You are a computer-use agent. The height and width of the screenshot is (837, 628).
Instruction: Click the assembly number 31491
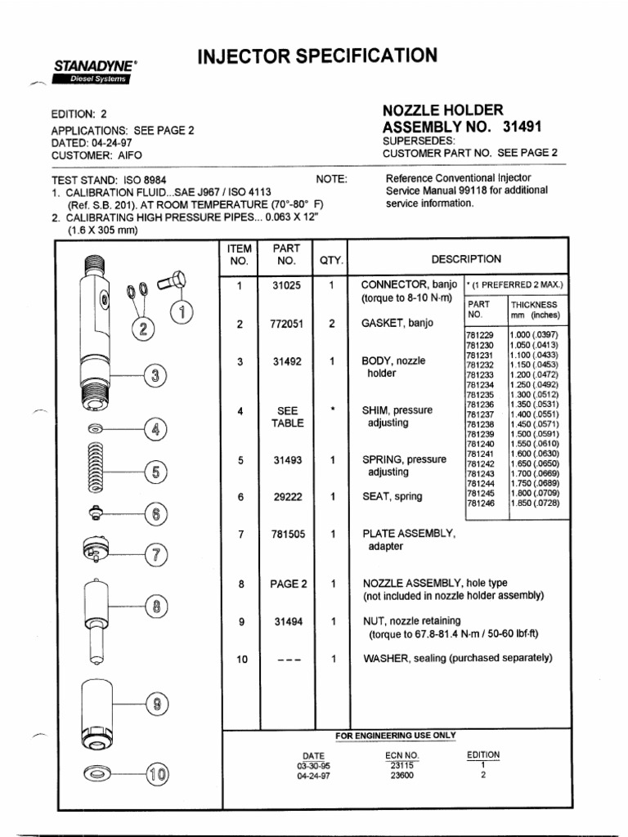click(523, 127)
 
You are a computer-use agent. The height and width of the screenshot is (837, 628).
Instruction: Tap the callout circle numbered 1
click(182, 312)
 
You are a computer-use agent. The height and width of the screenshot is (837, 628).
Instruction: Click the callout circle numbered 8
click(155, 606)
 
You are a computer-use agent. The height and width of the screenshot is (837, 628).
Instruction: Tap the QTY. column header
click(331, 262)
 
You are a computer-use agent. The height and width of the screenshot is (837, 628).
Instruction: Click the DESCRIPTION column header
click(466, 259)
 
